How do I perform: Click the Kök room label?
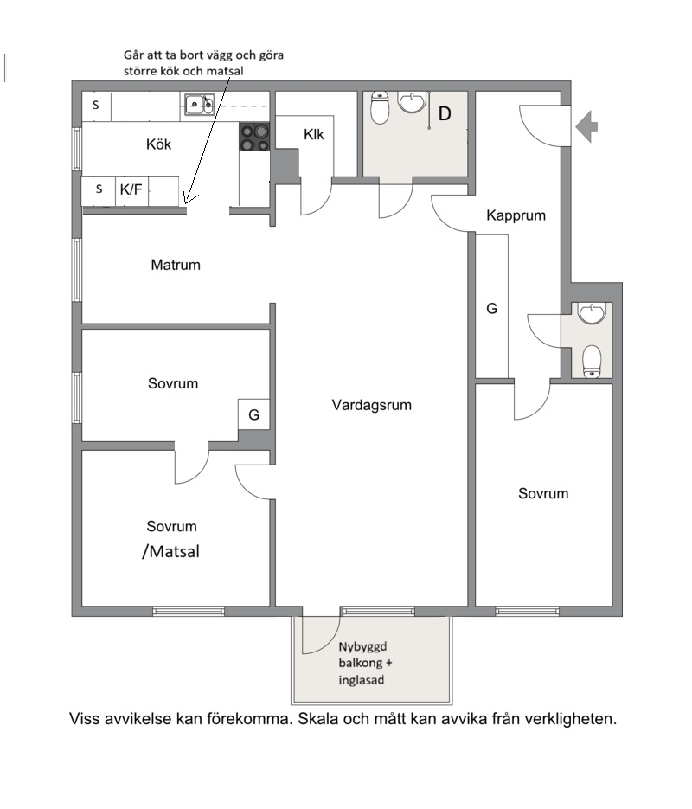[158, 144]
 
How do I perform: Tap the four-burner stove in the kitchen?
[254, 138]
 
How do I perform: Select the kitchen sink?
[200, 104]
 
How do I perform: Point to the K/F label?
[131, 189]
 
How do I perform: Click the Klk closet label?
[313, 135]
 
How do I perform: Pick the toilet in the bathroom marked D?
[380, 108]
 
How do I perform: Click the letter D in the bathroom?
[445, 113]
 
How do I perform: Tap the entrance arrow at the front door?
[586, 126]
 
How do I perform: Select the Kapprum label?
[516, 215]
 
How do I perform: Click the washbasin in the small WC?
[592, 314]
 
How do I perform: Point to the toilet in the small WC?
[592, 361]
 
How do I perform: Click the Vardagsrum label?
[372, 405]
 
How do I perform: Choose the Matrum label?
[176, 265]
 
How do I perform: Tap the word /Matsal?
[170, 551]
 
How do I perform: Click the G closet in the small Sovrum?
[253, 414]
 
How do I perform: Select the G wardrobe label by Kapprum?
[492, 309]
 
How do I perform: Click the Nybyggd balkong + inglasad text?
[365, 663]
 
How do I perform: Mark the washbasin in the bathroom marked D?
[411, 102]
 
